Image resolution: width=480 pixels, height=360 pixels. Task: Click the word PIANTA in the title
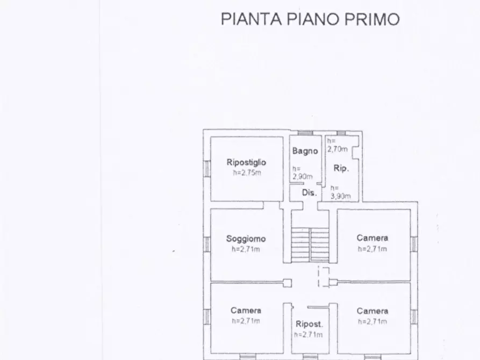point(251,19)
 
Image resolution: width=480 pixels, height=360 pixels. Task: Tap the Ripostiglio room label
point(246,162)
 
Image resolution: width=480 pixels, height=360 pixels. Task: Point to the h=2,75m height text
point(246,172)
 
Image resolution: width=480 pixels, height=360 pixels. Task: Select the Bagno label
point(305,152)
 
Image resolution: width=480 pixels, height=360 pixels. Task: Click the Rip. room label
point(341,168)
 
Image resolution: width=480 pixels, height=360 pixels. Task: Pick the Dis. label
point(309,192)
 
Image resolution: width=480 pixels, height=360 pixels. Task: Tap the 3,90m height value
point(340,196)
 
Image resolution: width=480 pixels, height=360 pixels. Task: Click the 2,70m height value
point(338,148)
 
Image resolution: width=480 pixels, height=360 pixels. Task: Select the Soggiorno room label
point(246,239)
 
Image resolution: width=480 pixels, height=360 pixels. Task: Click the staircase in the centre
point(310,244)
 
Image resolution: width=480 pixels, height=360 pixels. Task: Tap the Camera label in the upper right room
point(372,238)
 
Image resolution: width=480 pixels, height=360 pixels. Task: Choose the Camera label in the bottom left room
point(246,311)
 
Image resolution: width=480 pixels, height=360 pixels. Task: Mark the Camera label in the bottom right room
point(372,311)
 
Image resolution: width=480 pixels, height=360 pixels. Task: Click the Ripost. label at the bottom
point(309,324)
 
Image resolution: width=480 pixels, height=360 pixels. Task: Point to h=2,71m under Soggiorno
point(246,249)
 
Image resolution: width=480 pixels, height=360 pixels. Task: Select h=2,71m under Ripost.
point(308,335)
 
